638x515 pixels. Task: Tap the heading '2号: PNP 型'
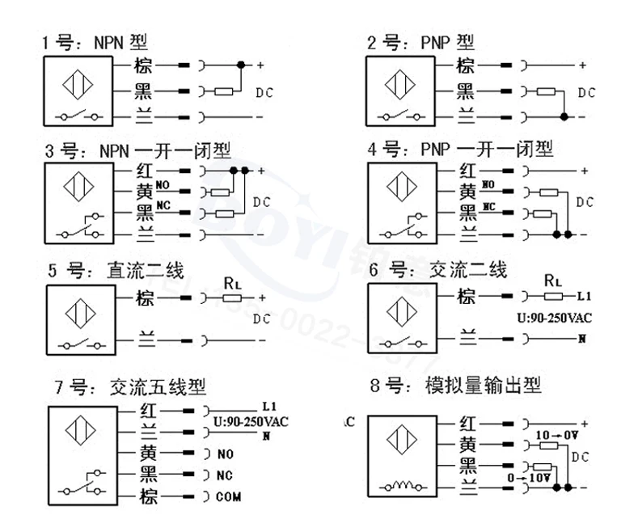[420, 42]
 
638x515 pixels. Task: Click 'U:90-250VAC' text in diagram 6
[552, 316]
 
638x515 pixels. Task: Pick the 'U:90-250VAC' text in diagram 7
[251, 421]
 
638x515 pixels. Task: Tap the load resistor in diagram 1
[227, 91]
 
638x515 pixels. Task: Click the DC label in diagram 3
[263, 201]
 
